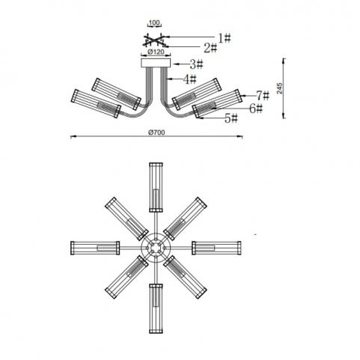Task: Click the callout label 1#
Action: click(x=225, y=38)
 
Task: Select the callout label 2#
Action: click(x=210, y=48)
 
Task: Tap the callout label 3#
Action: click(x=196, y=64)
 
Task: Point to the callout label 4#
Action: click(x=189, y=79)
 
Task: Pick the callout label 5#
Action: click(x=231, y=118)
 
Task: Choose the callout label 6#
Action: click(x=256, y=109)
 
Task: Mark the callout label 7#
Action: click(x=263, y=96)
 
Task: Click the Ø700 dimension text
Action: click(x=156, y=132)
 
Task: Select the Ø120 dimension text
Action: click(x=156, y=52)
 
